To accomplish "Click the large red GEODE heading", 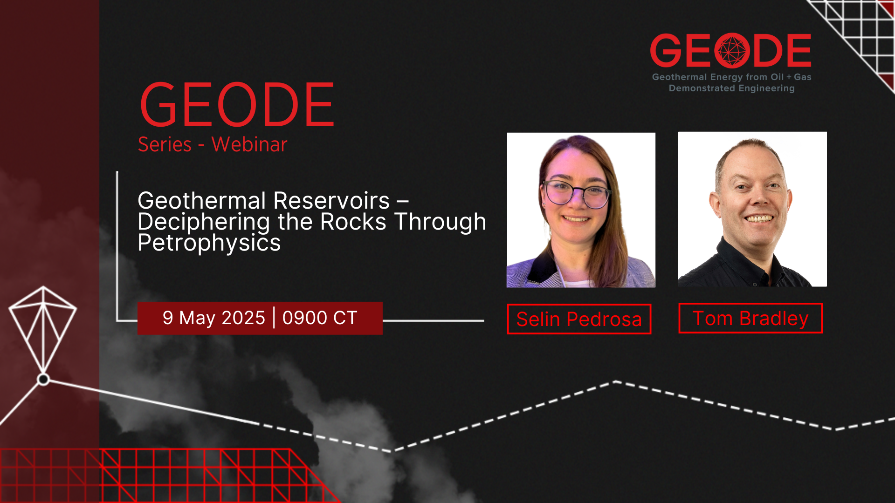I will click(237, 105).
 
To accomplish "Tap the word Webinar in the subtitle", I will click(249, 144).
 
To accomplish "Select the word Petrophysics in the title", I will click(209, 243).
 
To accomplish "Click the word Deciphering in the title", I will click(203, 221).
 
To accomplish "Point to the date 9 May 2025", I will click(214, 318).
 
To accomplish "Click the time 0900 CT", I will click(320, 318).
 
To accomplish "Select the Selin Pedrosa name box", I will click(579, 319).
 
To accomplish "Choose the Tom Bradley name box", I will click(750, 318).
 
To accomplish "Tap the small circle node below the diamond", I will click(43, 380).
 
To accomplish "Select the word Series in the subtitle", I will click(165, 144).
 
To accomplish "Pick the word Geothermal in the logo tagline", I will click(679, 77).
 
